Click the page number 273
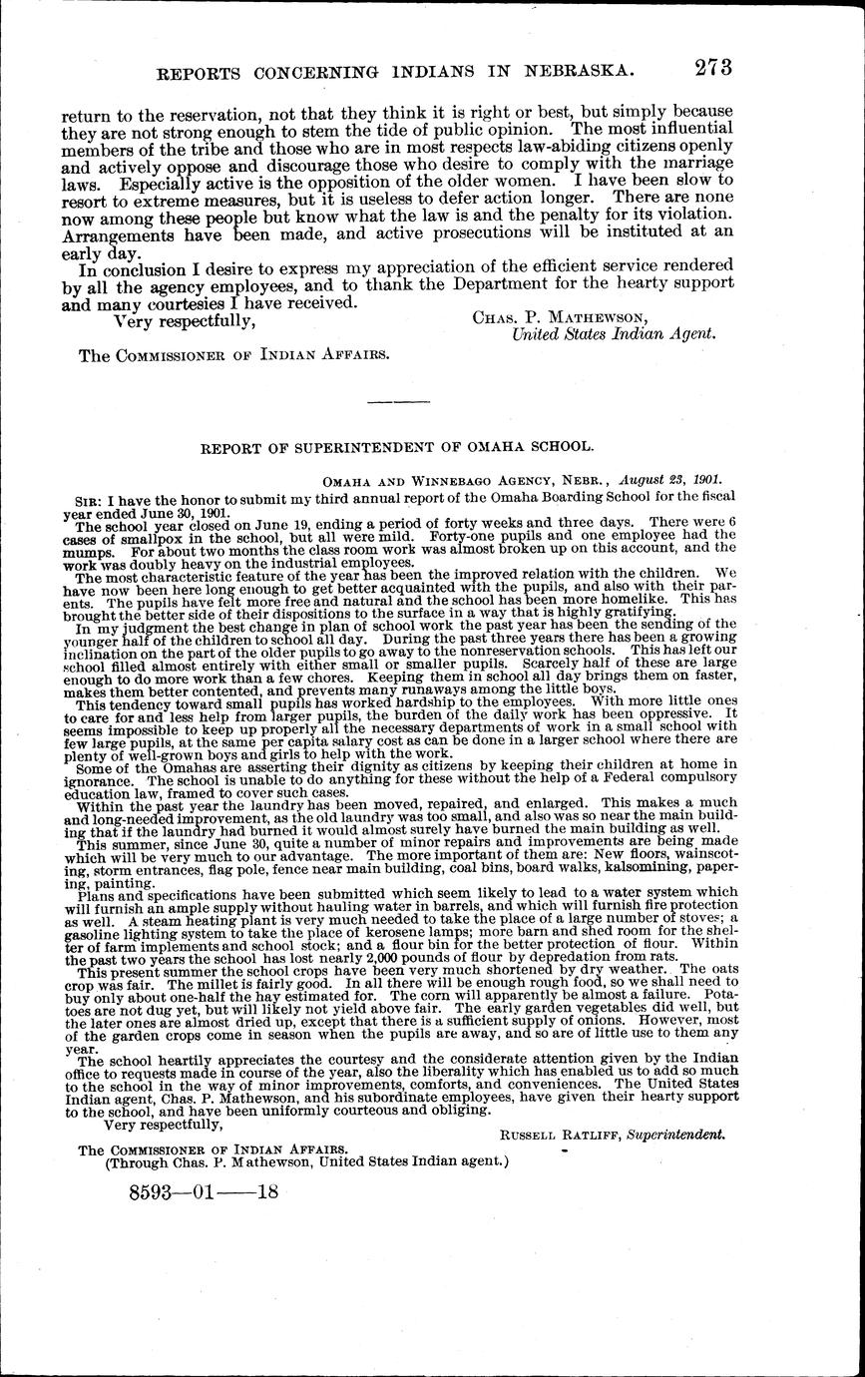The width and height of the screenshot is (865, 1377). (x=708, y=67)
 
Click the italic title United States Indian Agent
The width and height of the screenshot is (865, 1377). (x=613, y=335)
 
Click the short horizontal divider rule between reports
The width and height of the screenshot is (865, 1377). (x=399, y=401)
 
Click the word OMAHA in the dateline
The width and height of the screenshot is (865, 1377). (x=346, y=479)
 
